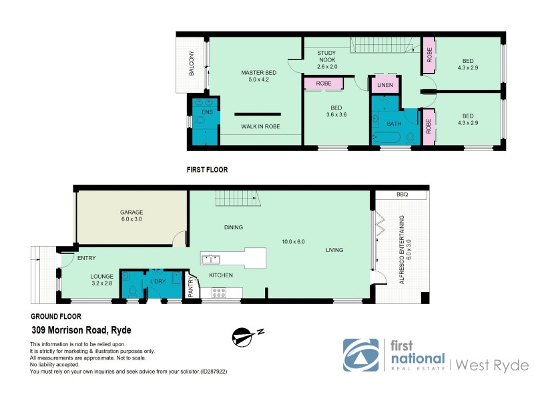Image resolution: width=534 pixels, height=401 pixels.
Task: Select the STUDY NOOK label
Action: pyautogui.click(x=327, y=58)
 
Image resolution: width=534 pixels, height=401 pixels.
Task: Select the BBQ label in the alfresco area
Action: pyautogui.click(x=401, y=194)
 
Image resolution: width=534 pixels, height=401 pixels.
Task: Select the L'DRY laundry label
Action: pyautogui.click(x=158, y=281)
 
